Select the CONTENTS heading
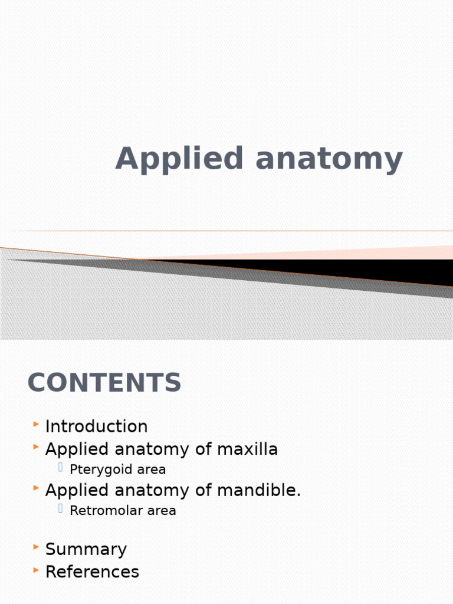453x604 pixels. click(x=104, y=383)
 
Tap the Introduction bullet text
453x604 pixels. click(x=96, y=426)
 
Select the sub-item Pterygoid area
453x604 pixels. click(x=117, y=470)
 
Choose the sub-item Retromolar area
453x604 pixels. click(x=123, y=511)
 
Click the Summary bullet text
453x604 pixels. click(x=86, y=549)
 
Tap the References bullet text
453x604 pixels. click(x=92, y=572)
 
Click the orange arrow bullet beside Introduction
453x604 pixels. click(x=37, y=424)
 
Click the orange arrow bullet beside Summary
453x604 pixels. click(x=37, y=547)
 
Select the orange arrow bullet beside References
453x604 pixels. click(x=37, y=570)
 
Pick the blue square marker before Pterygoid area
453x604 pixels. click(x=61, y=468)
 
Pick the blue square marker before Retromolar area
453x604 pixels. click(x=61, y=509)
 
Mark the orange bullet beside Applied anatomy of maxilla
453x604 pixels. click(x=37, y=447)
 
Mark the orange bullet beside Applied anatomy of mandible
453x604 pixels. click(x=37, y=488)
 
